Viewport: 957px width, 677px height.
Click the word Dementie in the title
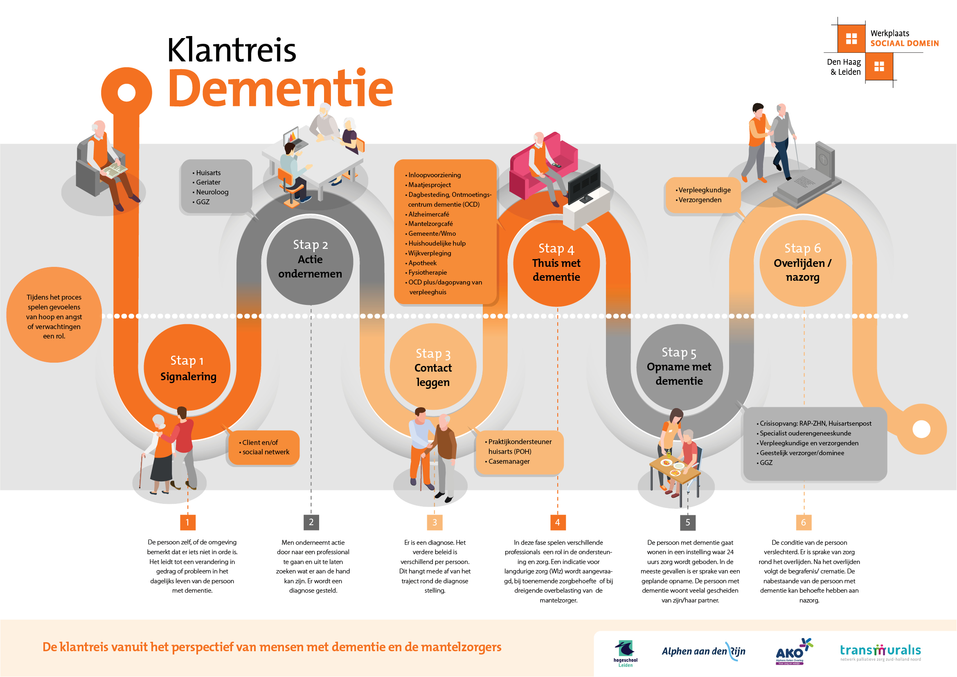[280, 88]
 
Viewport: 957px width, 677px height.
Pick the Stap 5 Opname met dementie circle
[679, 367]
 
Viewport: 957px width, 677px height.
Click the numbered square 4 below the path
[557, 522]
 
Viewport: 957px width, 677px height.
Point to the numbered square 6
[803, 522]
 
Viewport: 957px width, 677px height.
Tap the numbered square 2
[311, 522]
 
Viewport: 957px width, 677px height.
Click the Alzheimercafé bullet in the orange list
[428, 214]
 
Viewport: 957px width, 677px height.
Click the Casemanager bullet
[509, 461]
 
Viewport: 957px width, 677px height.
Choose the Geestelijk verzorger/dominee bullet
[802, 453]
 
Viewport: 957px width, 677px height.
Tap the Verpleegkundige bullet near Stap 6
[704, 190]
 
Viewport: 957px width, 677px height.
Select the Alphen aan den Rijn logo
[703, 651]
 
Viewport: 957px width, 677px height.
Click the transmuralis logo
[880, 651]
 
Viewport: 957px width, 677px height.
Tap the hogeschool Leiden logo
[625, 653]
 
